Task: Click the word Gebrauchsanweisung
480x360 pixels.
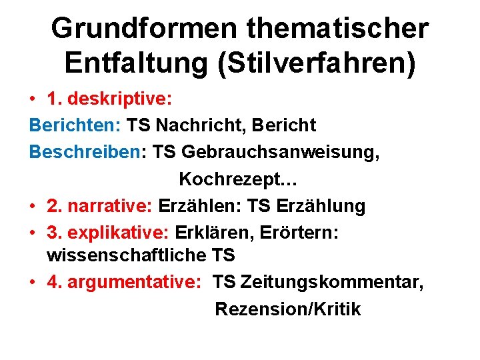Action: [279, 153]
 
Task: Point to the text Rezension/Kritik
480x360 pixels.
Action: [287, 309]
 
